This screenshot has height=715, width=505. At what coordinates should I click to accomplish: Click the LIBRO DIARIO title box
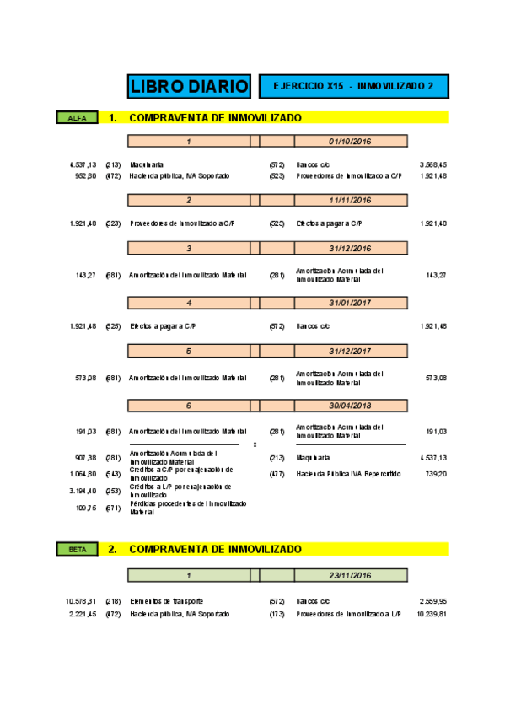189,86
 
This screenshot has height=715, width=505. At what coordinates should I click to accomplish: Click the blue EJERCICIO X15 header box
353,86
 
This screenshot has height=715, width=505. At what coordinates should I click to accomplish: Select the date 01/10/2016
351,141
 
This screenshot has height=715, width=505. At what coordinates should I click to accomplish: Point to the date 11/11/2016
351,200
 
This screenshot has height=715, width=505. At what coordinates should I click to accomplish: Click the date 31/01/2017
351,302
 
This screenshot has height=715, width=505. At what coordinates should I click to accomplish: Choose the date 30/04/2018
351,406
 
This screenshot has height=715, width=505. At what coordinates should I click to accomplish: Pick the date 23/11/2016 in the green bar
351,575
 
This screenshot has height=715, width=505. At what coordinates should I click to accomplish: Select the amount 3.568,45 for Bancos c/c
432,164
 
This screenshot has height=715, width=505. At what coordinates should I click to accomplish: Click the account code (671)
113,508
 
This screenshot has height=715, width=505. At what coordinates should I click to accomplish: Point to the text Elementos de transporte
167,601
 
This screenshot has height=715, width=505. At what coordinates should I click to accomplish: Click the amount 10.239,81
431,614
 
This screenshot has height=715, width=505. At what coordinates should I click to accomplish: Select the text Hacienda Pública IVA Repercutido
348,474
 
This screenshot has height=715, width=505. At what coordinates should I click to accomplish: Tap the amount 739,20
435,474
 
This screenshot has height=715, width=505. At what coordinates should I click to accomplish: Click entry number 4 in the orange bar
189,302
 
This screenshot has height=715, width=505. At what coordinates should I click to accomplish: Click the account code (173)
277,614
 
